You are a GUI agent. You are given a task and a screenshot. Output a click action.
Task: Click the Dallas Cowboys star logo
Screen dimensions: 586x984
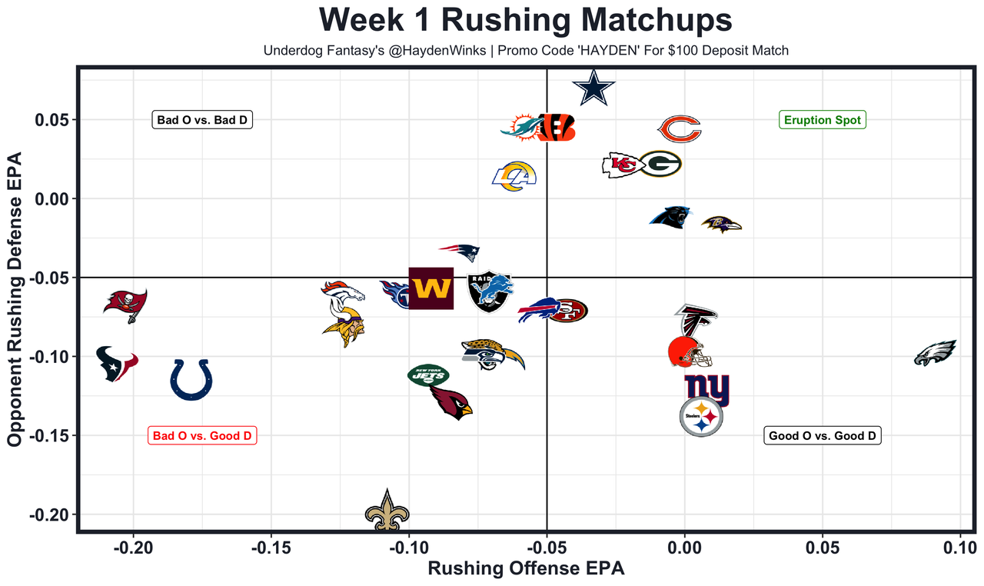(x=593, y=88)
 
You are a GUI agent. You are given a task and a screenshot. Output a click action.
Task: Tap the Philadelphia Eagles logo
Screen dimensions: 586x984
(x=935, y=353)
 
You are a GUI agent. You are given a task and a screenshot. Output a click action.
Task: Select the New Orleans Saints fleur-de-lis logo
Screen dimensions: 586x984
(x=387, y=510)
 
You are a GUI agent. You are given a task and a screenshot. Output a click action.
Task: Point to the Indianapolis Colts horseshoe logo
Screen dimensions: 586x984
(x=191, y=379)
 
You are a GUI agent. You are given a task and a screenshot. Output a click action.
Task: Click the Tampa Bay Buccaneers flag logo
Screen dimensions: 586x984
(x=125, y=305)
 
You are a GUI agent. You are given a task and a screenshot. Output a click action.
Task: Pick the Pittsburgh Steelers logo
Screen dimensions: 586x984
(x=701, y=418)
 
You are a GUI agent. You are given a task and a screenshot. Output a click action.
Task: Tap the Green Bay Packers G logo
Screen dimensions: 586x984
(x=660, y=163)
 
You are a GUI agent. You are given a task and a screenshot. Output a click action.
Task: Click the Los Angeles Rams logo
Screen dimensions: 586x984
(x=514, y=176)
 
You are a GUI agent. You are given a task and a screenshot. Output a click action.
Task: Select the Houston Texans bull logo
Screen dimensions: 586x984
(x=116, y=363)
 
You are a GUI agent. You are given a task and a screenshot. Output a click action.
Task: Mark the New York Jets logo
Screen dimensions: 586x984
(x=428, y=375)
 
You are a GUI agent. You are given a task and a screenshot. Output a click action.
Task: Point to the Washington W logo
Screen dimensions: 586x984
(x=430, y=288)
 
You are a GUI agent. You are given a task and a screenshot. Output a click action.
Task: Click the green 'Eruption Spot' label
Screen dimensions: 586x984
(x=823, y=120)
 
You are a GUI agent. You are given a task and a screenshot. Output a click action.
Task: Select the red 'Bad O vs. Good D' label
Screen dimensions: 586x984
(x=202, y=435)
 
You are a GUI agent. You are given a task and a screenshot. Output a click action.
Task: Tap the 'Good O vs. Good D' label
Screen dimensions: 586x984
(x=822, y=435)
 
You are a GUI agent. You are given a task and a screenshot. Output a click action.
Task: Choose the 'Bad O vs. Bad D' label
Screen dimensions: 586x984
(x=204, y=120)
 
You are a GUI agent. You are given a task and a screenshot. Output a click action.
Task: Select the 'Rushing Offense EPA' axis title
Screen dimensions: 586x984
(x=526, y=569)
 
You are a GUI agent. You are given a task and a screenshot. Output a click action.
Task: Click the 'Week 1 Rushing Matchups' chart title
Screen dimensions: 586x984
(x=525, y=20)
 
